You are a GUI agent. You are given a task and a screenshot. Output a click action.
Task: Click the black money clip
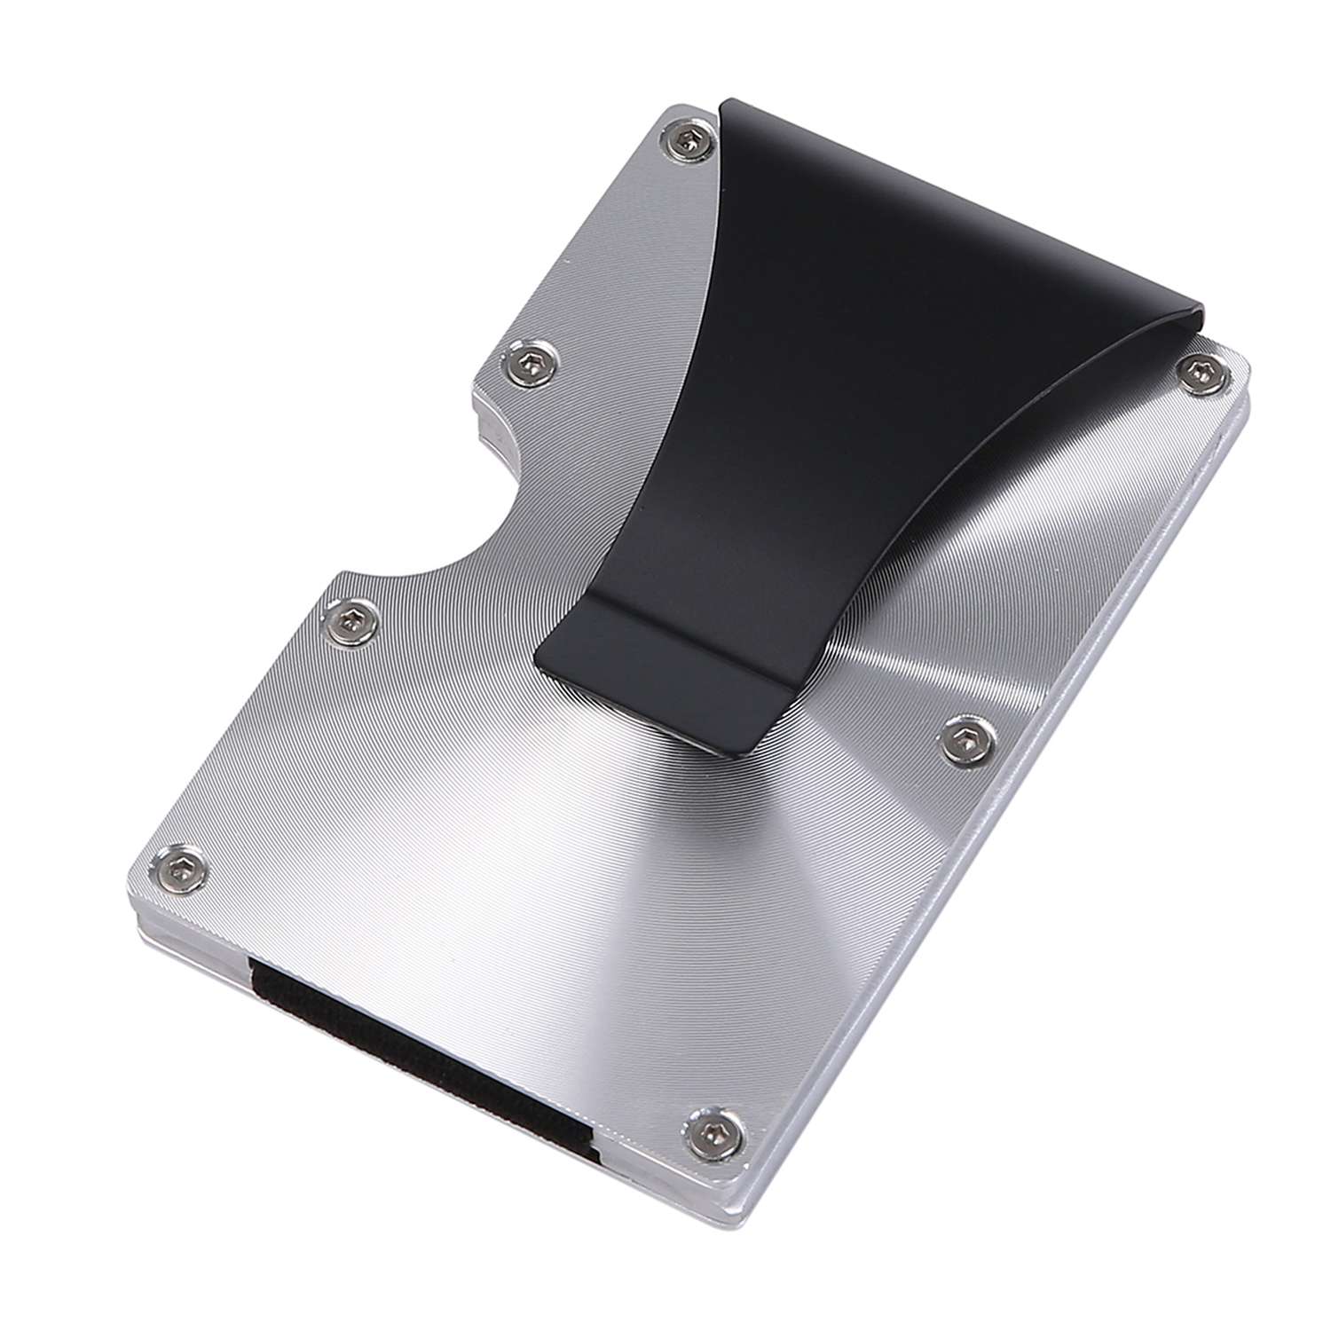point(799,355)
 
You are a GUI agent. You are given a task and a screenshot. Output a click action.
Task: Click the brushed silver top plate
point(532,843)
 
